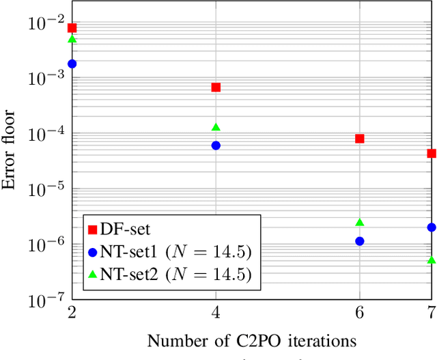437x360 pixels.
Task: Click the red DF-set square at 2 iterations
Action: click(72, 28)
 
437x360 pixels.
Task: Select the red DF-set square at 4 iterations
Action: click(216, 87)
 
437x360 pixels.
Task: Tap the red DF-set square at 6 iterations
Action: click(360, 139)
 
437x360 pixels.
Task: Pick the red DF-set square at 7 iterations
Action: click(432, 154)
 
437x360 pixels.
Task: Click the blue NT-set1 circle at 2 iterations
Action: click(72, 64)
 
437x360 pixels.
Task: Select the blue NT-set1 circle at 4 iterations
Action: click(216, 146)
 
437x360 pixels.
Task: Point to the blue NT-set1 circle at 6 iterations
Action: click(360, 241)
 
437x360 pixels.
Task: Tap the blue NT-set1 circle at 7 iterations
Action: click(432, 227)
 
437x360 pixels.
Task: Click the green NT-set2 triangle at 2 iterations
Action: click(72, 40)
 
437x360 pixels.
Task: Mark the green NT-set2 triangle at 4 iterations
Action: click(216, 127)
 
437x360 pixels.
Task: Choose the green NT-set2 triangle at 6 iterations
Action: click(360, 223)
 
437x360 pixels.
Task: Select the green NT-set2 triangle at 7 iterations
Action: click(432, 260)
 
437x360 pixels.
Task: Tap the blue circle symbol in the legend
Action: click(93, 252)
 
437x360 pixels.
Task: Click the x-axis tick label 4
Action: click(216, 311)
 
